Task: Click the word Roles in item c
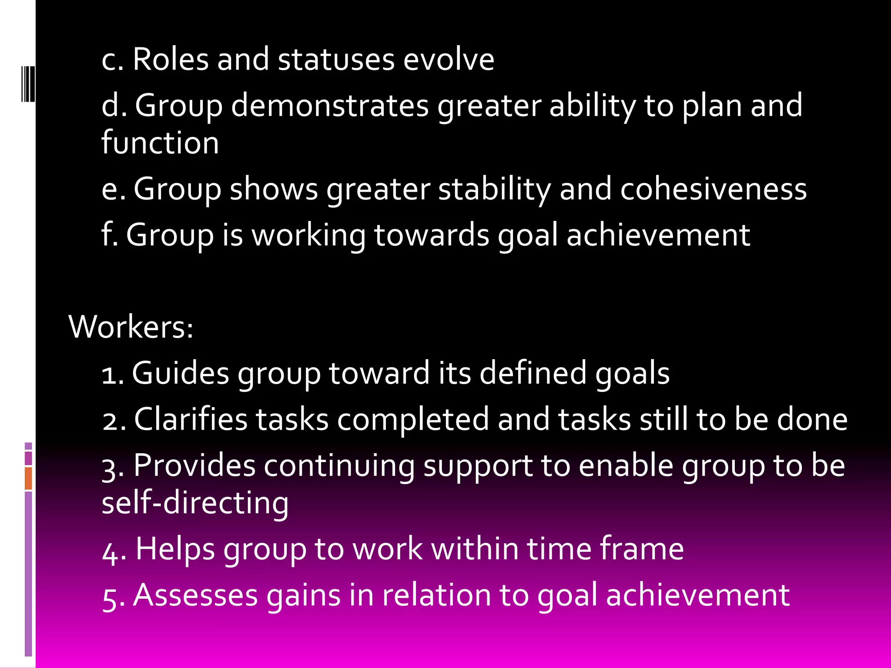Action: tap(171, 59)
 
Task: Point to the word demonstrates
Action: tap(330, 105)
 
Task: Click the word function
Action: tap(160, 143)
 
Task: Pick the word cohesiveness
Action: tap(713, 189)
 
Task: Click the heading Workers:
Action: tap(131, 327)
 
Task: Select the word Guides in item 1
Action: tap(180, 373)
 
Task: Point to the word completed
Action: tap(413, 419)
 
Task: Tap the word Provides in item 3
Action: tap(194, 465)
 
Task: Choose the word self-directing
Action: tap(195, 503)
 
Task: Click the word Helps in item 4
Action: tap(175, 549)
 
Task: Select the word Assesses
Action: tap(195, 595)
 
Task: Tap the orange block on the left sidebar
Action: tap(28, 478)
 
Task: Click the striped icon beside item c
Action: tap(28, 83)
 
